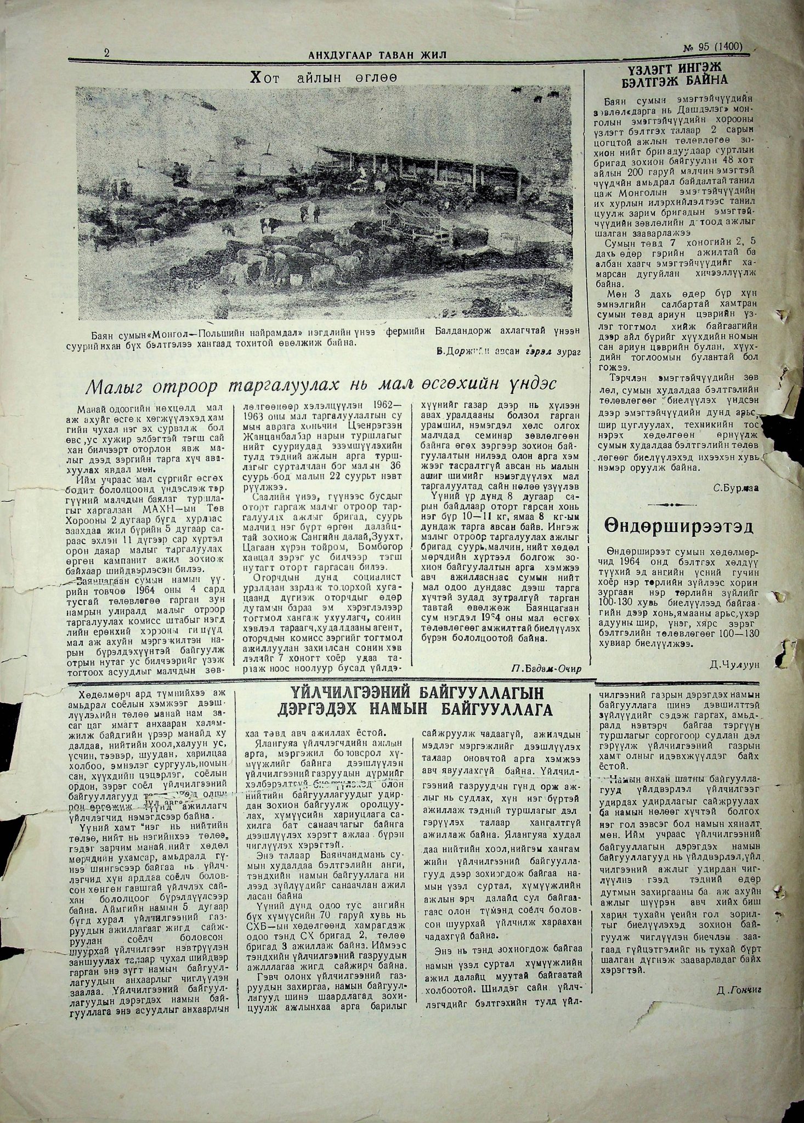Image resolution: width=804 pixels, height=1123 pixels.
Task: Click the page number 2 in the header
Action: [x=106, y=53]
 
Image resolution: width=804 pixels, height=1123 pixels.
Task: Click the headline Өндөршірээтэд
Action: [x=678, y=526]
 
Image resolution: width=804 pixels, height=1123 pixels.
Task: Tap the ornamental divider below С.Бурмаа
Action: [x=678, y=504]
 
